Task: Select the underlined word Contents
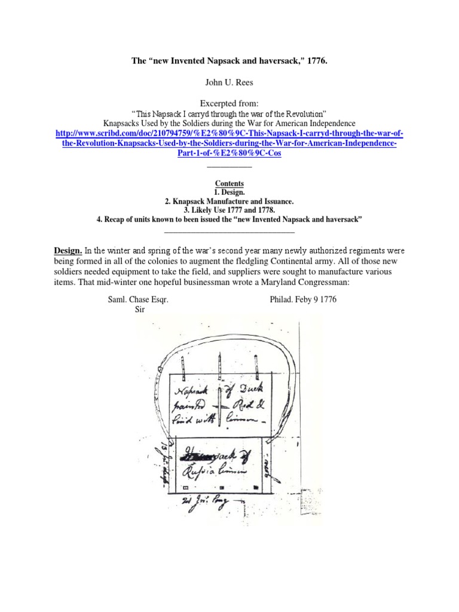coord(229,183)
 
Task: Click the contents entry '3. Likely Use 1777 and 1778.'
coord(229,210)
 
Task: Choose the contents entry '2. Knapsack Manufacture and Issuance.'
coord(229,201)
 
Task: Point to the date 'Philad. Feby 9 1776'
coord(304,299)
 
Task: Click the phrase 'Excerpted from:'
coord(229,103)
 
